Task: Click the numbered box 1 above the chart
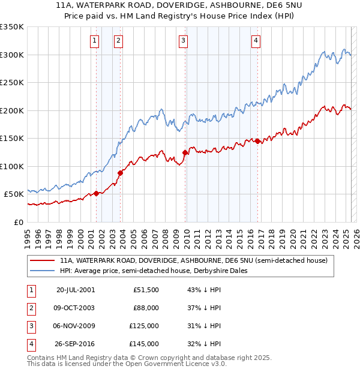pyautogui.click(x=95, y=41)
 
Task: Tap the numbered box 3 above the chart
pyautogui.click(x=183, y=41)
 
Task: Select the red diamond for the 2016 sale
pyautogui.click(x=257, y=142)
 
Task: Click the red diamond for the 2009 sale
pyautogui.click(x=185, y=153)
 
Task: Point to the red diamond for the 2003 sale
pyautogui.click(x=120, y=173)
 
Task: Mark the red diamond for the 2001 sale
pyautogui.click(x=96, y=193)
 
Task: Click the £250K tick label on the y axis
pyautogui.click(x=11, y=82)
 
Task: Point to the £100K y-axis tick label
pyautogui.click(x=11, y=166)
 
